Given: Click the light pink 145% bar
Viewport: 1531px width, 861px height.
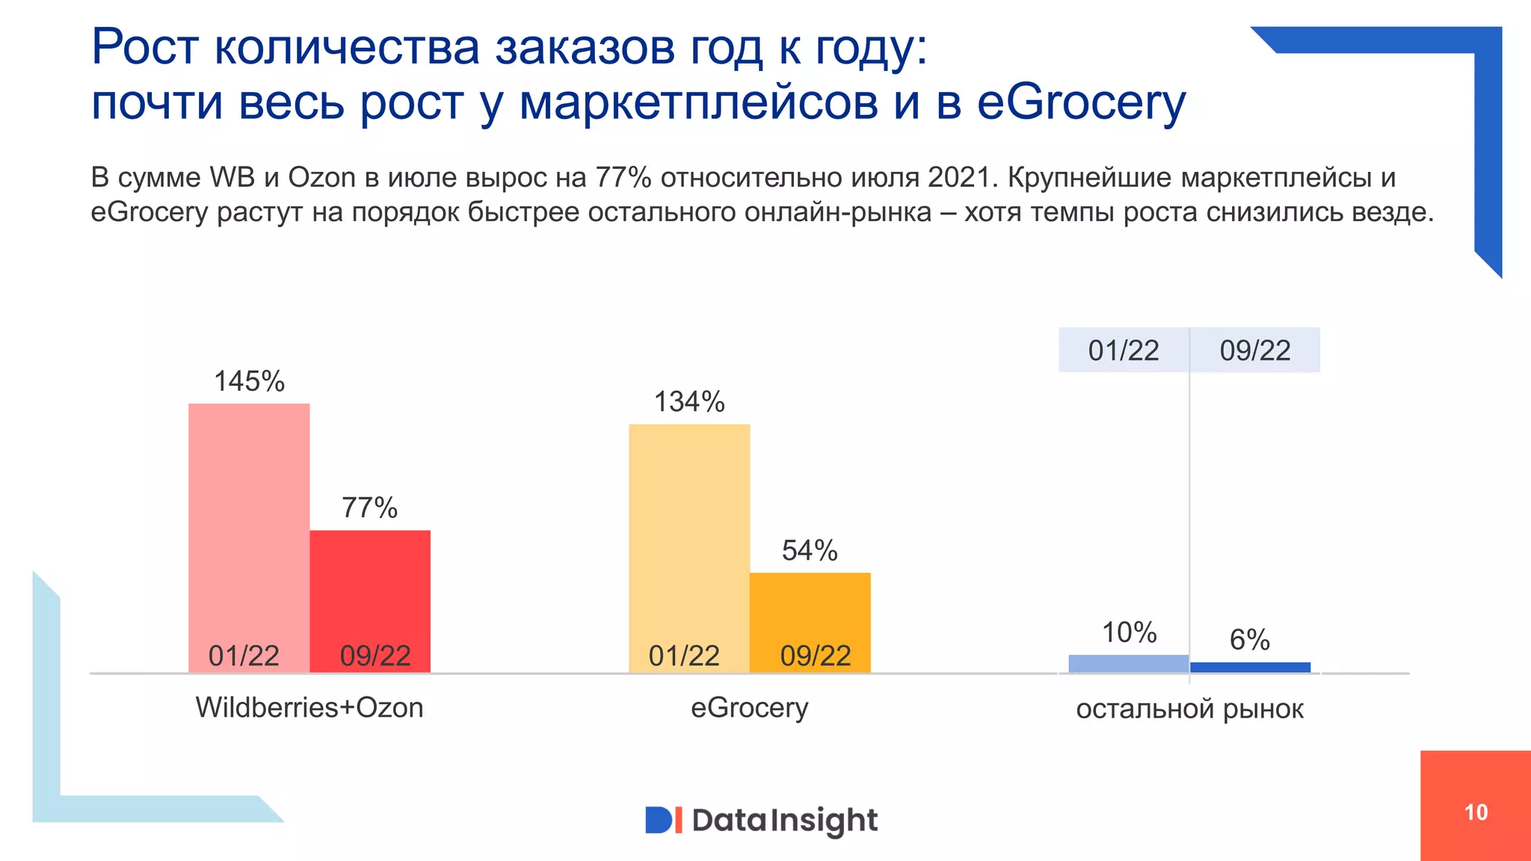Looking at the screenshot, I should click(249, 523).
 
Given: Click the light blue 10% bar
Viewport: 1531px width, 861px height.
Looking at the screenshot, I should click(1128, 664).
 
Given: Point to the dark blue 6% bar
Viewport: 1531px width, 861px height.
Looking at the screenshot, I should click(1250, 667).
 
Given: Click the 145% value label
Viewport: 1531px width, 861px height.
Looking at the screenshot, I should click(249, 381).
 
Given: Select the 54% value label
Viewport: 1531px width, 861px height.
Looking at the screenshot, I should click(810, 551).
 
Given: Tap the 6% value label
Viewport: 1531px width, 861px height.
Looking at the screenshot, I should click(1249, 640).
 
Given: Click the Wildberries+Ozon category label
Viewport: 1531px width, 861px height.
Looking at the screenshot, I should click(309, 707).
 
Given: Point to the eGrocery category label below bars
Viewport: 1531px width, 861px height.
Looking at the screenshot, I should click(749, 707).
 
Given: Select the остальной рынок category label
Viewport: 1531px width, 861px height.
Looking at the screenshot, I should click(1189, 709).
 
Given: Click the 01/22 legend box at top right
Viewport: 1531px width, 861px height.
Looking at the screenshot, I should click(1124, 350).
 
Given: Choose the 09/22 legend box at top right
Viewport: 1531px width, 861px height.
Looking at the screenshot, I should click(1255, 350).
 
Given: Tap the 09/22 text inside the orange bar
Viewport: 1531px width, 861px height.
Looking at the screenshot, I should click(816, 656).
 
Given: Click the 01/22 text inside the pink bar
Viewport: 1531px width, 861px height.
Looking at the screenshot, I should click(244, 656).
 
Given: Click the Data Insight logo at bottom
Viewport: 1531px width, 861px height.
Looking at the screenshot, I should click(761, 820).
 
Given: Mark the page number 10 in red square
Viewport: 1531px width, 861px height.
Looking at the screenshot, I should click(1476, 812).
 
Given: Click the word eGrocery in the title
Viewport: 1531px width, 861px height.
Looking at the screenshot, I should click(1081, 102).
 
